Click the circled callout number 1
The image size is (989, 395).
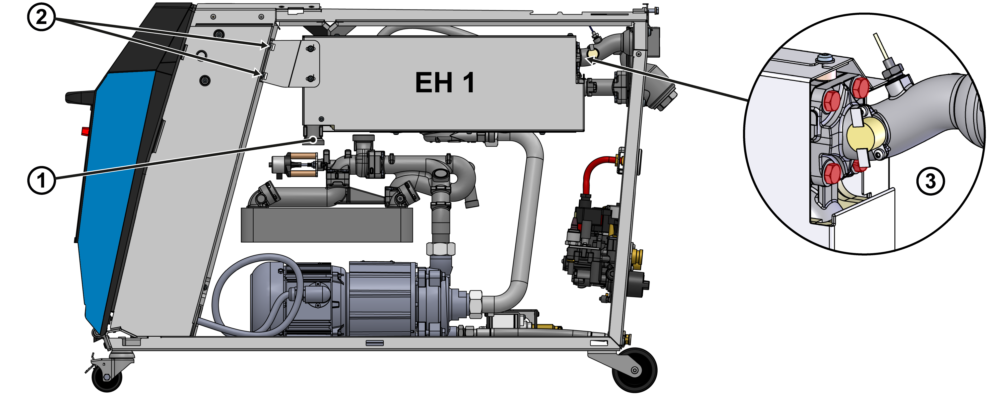(x=42, y=180)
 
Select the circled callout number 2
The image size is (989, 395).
(x=42, y=17)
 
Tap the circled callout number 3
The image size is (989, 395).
(x=930, y=181)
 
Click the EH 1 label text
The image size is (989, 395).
(x=445, y=83)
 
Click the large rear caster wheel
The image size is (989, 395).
(x=634, y=370)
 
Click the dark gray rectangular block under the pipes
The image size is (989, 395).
(x=327, y=225)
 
